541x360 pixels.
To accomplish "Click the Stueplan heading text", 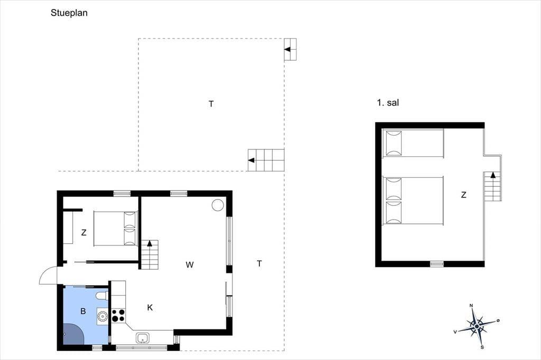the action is pos(69,13).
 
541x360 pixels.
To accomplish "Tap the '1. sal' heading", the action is pos(388,102).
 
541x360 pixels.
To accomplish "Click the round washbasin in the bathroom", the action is pos(102,316).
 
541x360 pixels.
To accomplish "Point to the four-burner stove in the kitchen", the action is pos(118,316).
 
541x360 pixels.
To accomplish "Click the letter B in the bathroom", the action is pos(83,311).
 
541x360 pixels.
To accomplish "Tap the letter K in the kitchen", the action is pos(150,308).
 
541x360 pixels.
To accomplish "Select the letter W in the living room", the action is pos(190,265).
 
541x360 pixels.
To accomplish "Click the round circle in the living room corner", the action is pos(218,205).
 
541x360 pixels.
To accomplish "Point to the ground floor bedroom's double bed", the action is pos(116,228).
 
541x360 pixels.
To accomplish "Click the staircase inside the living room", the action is pos(150,255).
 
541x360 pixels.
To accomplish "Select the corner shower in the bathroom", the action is pos(73,334).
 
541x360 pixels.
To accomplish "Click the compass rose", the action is pos(477,326).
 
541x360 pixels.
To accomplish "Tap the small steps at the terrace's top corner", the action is pos(290,50).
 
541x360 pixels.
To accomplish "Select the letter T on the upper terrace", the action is pos(211,104).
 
